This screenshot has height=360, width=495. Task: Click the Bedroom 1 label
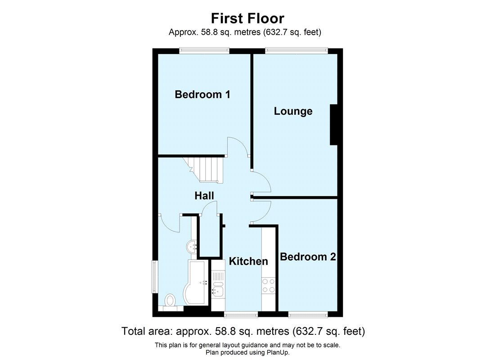pyautogui.click(x=202, y=94)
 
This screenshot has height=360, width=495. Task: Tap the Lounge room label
pyautogui.click(x=293, y=111)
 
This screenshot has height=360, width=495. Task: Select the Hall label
pyautogui.click(x=204, y=195)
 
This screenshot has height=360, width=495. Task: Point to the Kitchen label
pyautogui.click(x=248, y=261)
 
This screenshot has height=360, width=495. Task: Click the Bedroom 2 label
pyautogui.click(x=308, y=257)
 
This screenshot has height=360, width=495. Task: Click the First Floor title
pyautogui.click(x=247, y=18)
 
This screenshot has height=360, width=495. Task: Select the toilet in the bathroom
pyautogui.click(x=170, y=301)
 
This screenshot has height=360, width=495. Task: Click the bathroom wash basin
pyautogui.click(x=192, y=246)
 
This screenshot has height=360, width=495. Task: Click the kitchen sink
pyautogui.click(x=218, y=290)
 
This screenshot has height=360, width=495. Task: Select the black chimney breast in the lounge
pyautogui.click(x=334, y=125)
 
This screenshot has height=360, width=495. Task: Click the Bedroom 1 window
pyautogui.click(x=204, y=51)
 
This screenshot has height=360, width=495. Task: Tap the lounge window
pyautogui.click(x=295, y=51)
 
